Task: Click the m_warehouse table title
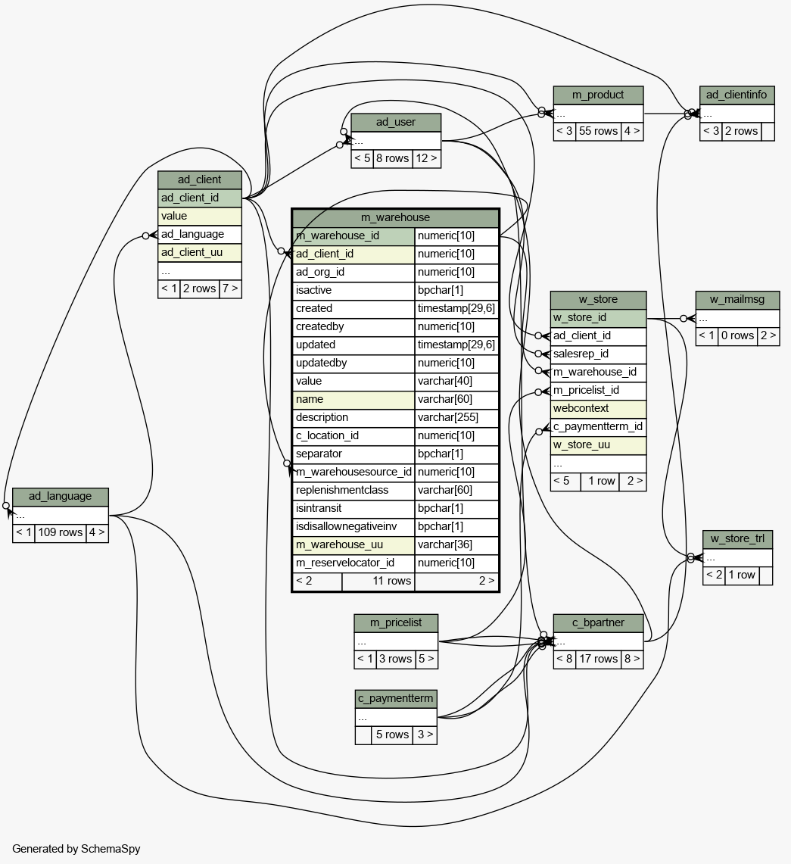[x=395, y=217]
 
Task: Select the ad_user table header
[x=395, y=123]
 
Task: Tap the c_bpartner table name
[x=598, y=622]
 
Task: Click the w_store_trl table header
[x=737, y=539]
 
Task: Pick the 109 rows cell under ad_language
[x=60, y=533]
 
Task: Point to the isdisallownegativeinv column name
[x=346, y=526]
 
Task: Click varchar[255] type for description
[x=448, y=418]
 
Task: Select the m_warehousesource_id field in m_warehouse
[x=353, y=473]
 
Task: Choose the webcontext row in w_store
[x=598, y=409]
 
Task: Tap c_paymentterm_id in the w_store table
[x=598, y=427]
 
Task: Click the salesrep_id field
[x=581, y=354]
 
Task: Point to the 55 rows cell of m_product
[x=598, y=131]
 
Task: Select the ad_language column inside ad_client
[x=192, y=234]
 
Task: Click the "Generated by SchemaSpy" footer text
[x=76, y=849]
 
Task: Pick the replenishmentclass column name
[x=342, y=491]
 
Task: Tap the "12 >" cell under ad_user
[x=426, y=159]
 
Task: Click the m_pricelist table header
[x=396, y=623]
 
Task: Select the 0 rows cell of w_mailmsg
[x=737, y=336]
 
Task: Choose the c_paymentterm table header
[x=396, y=699]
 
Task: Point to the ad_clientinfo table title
[x=737, y=95]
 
